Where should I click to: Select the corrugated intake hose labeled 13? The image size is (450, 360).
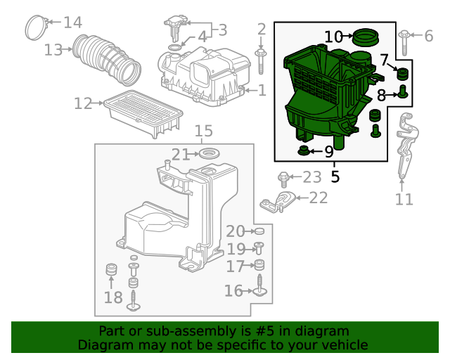(x=107, y=60)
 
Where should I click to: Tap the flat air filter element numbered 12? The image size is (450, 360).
(x=143, y=114)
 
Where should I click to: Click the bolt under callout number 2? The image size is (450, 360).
(x=261, y=61)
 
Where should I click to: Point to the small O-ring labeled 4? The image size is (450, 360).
(x=174, y=47)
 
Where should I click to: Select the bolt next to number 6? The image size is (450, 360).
(x=404, y=42)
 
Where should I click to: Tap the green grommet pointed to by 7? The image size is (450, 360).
(x=402, y=74)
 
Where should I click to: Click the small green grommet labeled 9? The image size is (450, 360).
(x=303, y=150)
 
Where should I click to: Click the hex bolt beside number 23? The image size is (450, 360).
(x=283, y=179)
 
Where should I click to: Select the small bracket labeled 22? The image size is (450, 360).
(x=277, y=202)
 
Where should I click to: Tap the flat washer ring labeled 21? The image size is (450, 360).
(x=210, y=153)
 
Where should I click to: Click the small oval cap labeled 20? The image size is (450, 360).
(x=259, y=231)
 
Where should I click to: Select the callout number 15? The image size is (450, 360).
(x=204, y=131)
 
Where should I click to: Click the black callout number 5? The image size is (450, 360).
(x=335, y=177)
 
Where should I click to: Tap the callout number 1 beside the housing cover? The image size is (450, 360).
(x=262, y=90)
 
